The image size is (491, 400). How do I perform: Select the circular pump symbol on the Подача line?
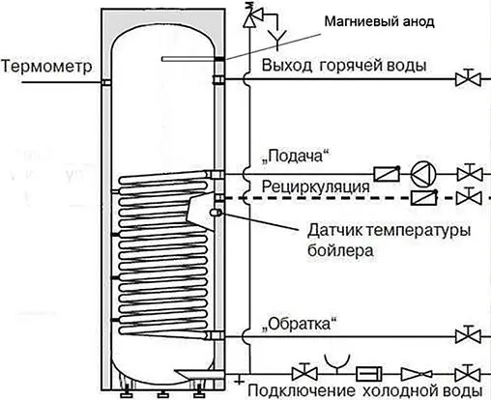pos(422,175)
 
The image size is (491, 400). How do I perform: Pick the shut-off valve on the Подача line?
pos(469,175)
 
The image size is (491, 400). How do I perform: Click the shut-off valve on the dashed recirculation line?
pos(469,196)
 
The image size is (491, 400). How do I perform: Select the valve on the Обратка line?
pos(469,336)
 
